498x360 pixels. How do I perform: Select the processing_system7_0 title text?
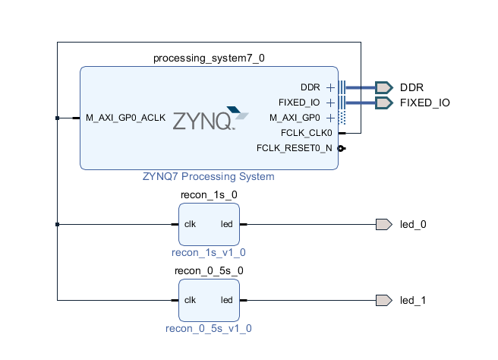pos(209,58)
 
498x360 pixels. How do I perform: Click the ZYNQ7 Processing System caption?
pos(209,176)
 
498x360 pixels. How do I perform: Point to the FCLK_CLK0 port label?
pos(306,133)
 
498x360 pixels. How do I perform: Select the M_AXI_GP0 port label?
pos(295,118)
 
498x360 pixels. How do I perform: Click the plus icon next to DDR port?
pos(330,87)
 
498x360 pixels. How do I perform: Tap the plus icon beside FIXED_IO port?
pos(330,103)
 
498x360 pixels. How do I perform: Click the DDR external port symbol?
pos(383,87)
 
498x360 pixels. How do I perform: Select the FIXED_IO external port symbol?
pos(383,103)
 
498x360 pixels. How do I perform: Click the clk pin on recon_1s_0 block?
pos(191,224)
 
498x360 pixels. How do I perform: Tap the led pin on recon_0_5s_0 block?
pos(226,300)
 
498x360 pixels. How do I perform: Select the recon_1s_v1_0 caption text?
pos(209,252)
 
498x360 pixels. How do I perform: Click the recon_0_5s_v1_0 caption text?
pos(209,328)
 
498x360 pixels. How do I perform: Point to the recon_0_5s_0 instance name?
pos(209,270)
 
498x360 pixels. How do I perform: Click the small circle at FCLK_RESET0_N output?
pos(342,148)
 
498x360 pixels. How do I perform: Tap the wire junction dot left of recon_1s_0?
pos(58,224)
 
